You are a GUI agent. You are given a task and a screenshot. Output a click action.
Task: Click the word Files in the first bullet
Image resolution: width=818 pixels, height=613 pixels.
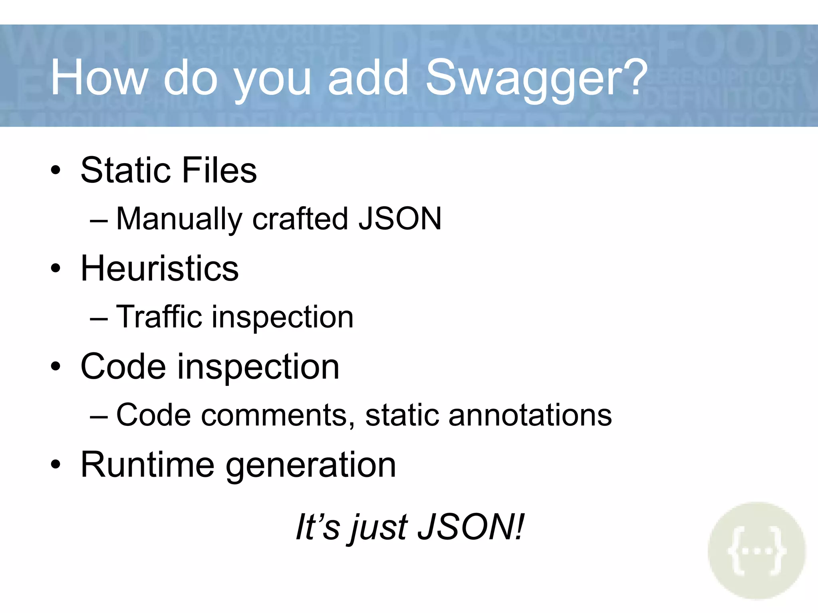(219, 170)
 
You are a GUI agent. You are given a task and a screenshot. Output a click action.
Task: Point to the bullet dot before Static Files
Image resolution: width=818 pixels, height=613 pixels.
(56, 170)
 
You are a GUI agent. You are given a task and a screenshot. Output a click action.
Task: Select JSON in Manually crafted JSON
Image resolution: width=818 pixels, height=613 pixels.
(400, 219)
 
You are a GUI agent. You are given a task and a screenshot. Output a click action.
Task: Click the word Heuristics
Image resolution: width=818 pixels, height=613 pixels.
(159, 268)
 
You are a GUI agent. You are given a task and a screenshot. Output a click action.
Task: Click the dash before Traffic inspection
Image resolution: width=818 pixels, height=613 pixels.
(99, 319)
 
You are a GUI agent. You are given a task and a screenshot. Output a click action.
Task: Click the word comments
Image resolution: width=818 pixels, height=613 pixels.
(278, 415)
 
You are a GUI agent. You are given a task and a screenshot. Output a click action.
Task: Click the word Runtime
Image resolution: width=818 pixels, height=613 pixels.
(147, 465)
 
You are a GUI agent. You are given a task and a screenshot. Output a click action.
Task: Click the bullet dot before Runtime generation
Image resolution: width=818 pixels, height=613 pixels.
(56, 465)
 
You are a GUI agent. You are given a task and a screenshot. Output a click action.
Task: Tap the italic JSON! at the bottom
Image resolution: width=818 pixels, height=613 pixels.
(470, 527)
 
